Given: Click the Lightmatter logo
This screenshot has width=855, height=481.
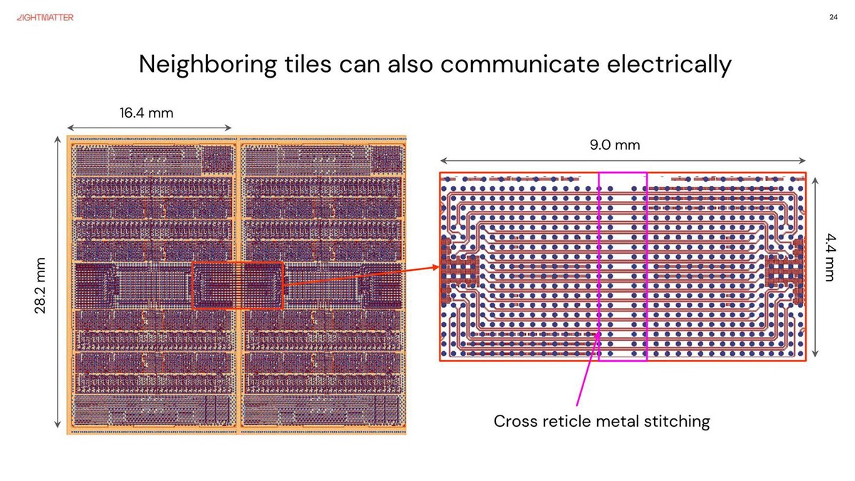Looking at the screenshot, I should point(44,17).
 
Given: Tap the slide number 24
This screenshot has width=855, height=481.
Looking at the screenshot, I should point(834,18).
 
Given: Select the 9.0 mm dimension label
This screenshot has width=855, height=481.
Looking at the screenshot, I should point(614,145).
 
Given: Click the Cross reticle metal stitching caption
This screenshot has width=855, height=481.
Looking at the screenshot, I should point(602,421).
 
